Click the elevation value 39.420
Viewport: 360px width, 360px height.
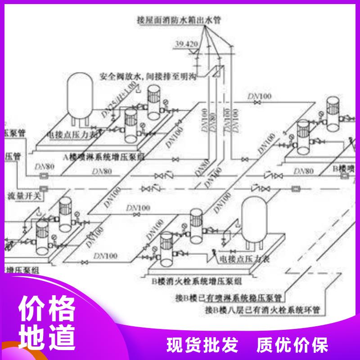(x=185, y=44)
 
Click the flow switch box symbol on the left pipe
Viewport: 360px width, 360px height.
(x=44, y=188)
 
